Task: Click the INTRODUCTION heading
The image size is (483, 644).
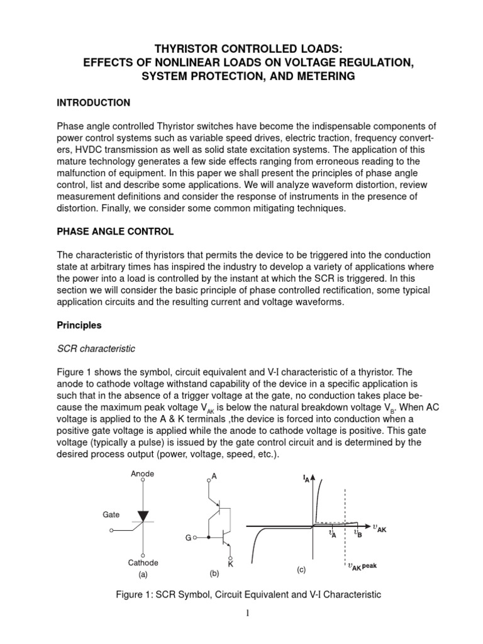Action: click(x=93, y=103)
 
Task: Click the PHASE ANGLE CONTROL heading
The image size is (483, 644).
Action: click(x=115, y=232)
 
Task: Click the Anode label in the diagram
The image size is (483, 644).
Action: click(x=143, y=474)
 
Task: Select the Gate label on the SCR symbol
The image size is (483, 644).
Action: click(x=111, y=514)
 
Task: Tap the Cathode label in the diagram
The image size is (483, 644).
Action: click(x=143, y=563)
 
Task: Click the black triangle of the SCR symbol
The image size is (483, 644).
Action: click(x=143, y=516)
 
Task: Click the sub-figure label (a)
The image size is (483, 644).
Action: click(x=143, y=574)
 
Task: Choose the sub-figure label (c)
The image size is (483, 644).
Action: click(x=301, y=570)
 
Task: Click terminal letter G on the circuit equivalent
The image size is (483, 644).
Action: click(x=187, y=539)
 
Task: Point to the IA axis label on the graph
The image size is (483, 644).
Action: click(x=305, y=480)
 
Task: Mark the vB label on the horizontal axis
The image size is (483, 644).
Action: click(x=357, y=533)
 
